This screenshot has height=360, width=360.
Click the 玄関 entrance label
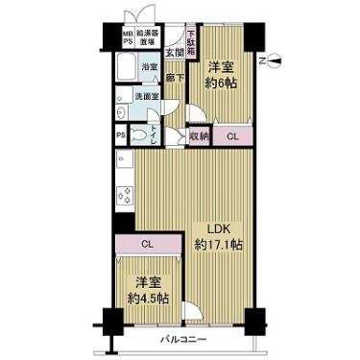pyautogui.click(x=173, y=54)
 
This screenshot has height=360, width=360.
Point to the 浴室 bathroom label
pyautogui.click(x=150, y=68)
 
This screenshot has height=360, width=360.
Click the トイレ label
pyautogui.click(x=155, y=134)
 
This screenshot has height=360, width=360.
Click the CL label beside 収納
pyautogui.click(x=232, y=135)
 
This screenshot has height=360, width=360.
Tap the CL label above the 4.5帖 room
pyautogui.click(x=147, y=243)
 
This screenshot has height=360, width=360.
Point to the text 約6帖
pyautogui.click(x=222, y=83)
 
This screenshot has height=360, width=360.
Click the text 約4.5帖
pyautogui.click(x=147, y=300)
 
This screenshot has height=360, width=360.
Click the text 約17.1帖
pyautogui.click(x=219, y=245)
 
